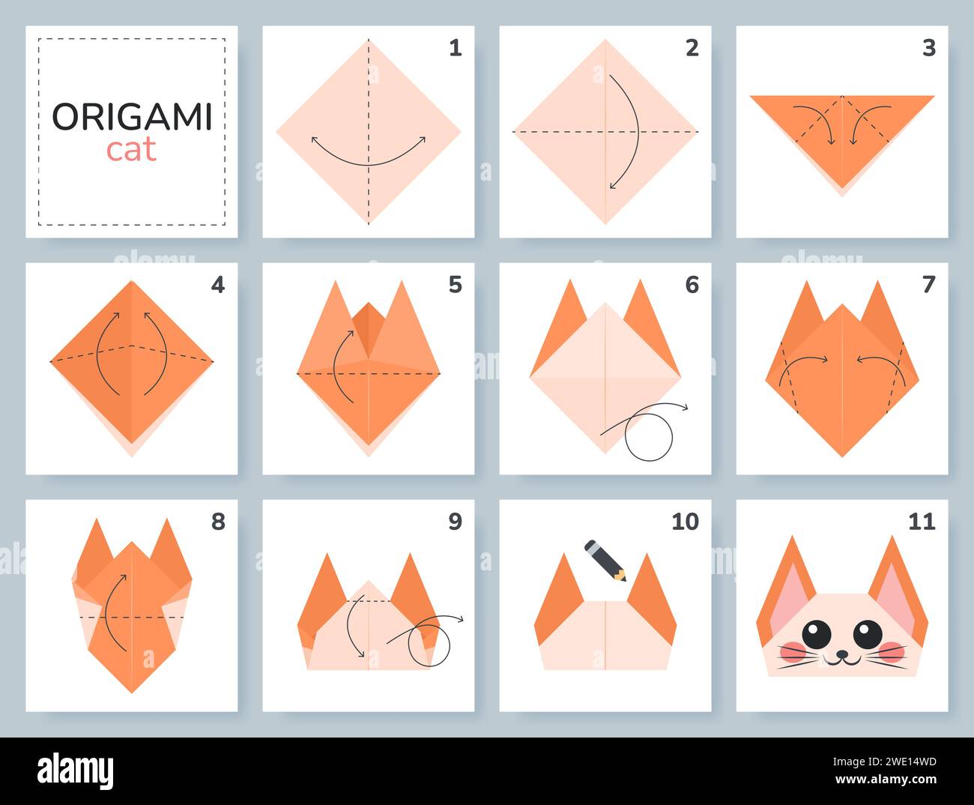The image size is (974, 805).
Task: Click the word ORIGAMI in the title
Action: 132,117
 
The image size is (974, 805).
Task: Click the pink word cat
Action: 131,150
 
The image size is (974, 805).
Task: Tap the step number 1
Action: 455,48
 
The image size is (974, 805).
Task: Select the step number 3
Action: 928,48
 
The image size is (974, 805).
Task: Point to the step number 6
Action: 692,285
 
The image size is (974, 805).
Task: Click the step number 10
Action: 685,522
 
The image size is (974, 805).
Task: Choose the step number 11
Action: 922,522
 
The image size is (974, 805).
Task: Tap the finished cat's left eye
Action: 816,634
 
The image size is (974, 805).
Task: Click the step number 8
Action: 218,522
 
